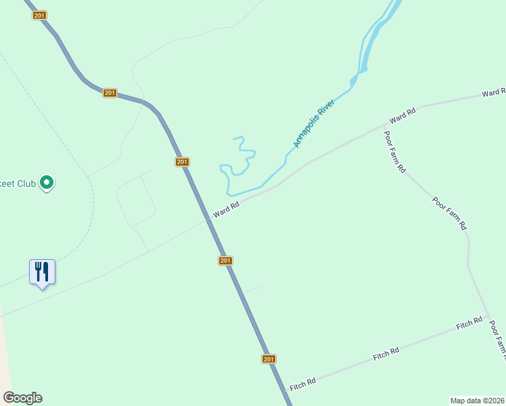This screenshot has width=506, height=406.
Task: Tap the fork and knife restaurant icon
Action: [x=42, y=272]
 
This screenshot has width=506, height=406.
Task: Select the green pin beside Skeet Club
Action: [x=47, y=183]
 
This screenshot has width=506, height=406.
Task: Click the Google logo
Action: [x=22, y=398]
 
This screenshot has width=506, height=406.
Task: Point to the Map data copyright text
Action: [x=478, y=400]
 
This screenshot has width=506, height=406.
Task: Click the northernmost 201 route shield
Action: [x=39, y=16]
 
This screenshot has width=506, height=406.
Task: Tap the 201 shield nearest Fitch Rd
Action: [x=269, y=359]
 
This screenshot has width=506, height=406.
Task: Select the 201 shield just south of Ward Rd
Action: [x=225, y=261]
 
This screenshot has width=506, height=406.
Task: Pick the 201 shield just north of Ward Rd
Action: [x=181, y=162]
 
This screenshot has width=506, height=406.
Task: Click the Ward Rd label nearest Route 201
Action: [x=226, y=210]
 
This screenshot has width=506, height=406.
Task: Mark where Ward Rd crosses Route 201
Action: [x=208, y=220]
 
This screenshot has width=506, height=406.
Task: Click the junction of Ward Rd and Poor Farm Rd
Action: [x=384, y=125]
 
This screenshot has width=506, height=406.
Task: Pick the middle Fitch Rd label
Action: [x=386, y=353]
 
